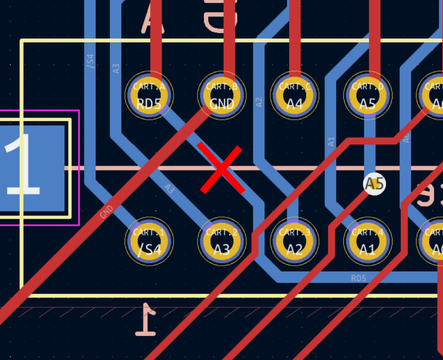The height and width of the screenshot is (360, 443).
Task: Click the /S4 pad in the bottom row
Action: click(149, 241)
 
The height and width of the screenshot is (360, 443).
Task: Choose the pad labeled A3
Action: click(222, 241)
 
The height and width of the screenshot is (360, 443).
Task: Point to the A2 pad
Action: click(294, 241)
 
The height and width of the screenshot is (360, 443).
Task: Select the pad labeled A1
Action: click(367, 241)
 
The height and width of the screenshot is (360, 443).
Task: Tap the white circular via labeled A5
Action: click(374, 184)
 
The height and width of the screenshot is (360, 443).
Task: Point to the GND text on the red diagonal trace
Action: click(107, 212)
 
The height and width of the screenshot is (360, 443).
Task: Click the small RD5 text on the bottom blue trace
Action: click(358, 277)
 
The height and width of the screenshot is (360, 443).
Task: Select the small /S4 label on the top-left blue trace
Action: click(90, 62)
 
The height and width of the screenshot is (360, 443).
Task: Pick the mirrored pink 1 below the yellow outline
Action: click(147, 320)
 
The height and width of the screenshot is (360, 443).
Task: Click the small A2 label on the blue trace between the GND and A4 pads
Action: click(258, 102)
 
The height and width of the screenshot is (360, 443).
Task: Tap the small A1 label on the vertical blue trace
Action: click(331, 143)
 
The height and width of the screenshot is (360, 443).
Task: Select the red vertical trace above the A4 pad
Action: click(297, 40)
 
